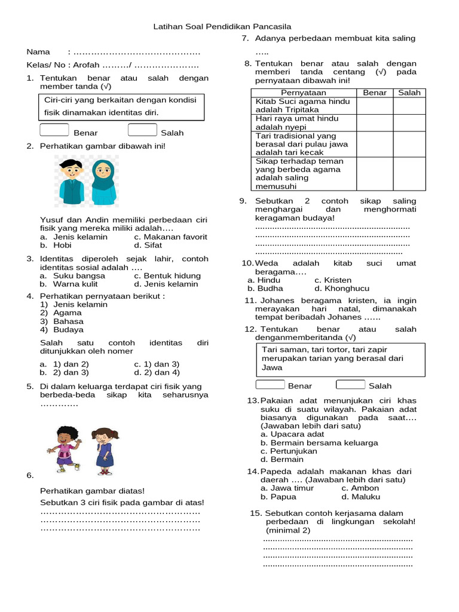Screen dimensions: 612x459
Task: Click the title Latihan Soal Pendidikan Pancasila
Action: coord(222,27)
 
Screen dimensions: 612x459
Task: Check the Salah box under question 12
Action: coord(350,384)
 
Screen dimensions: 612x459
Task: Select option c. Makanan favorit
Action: coord(170,237)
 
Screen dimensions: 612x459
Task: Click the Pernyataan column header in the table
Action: coord(303,93)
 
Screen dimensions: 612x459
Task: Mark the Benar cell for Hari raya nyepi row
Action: coord(374,123)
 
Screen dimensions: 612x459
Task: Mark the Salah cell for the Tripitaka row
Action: coord(409,106)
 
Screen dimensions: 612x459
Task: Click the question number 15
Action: coord(255,513)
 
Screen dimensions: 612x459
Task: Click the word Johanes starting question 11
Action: coord(279,300)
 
